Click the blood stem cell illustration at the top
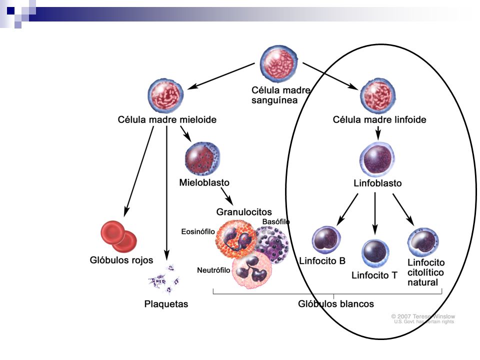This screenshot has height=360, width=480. point(278,64)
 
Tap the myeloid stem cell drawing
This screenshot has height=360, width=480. point(166,95)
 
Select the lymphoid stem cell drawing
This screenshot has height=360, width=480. point(378,96)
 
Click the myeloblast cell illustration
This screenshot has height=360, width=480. point(202,159)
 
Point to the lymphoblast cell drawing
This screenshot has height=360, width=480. point(377,159)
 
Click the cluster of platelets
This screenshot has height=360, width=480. point(164,279)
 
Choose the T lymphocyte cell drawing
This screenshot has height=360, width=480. point(375,253)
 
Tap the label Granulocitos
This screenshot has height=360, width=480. point(244,212)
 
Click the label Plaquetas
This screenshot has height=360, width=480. point(166,304)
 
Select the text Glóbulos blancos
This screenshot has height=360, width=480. point(336,303)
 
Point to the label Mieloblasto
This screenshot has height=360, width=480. point(204,182)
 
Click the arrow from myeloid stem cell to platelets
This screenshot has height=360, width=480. point(166,193)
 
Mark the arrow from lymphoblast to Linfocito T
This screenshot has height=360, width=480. point(375,213)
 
